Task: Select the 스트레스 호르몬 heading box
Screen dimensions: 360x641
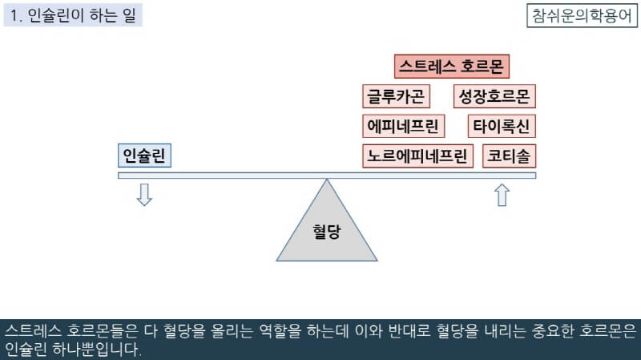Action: click(453, 67)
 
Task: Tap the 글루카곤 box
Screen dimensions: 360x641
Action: click(396, 97)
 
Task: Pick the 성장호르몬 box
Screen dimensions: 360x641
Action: click(494, 97)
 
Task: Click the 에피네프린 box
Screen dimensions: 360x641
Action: click(402, 126)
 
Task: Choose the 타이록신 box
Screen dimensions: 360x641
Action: click(502, 126)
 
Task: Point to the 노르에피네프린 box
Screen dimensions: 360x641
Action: click(417, 156)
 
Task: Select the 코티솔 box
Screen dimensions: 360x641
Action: click(510, 156)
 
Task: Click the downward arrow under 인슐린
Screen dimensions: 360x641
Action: click(144, 195)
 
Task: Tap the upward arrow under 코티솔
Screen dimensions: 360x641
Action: click(502, 195)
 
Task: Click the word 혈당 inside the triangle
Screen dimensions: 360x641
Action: click(327, 232)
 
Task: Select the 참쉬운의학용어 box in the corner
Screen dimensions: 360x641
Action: click(581, 15)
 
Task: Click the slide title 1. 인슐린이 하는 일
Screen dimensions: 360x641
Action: click(73, 15)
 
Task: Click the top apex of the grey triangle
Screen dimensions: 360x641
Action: click(327, 180)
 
